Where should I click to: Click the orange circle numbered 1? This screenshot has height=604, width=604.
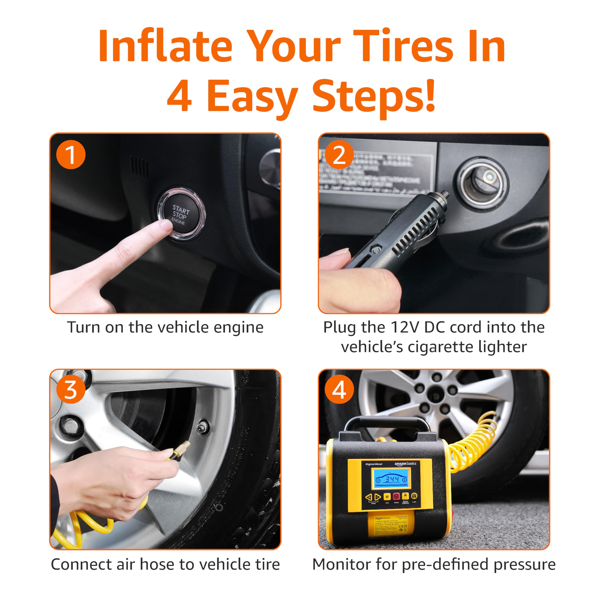(71, 155)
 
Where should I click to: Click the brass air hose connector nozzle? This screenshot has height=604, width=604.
(181, 449)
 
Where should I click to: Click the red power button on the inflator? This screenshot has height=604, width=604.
(396, 496)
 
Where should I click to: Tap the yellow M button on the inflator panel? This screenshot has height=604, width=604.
(387, 496)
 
